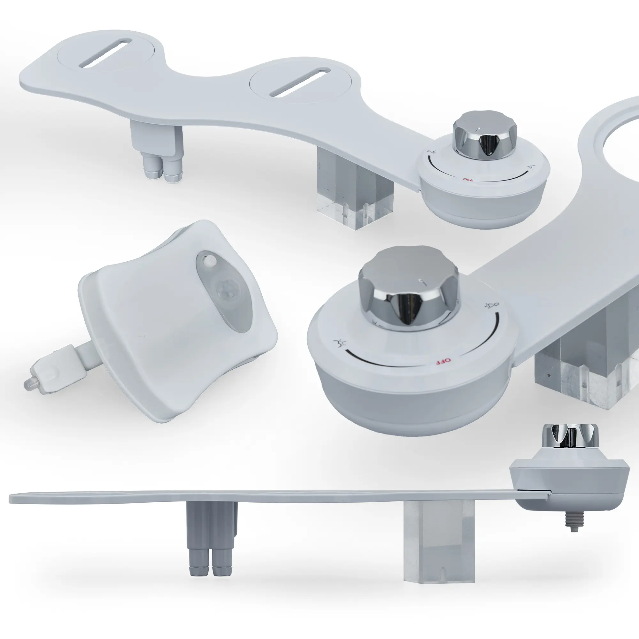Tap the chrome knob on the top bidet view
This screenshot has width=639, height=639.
485,135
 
